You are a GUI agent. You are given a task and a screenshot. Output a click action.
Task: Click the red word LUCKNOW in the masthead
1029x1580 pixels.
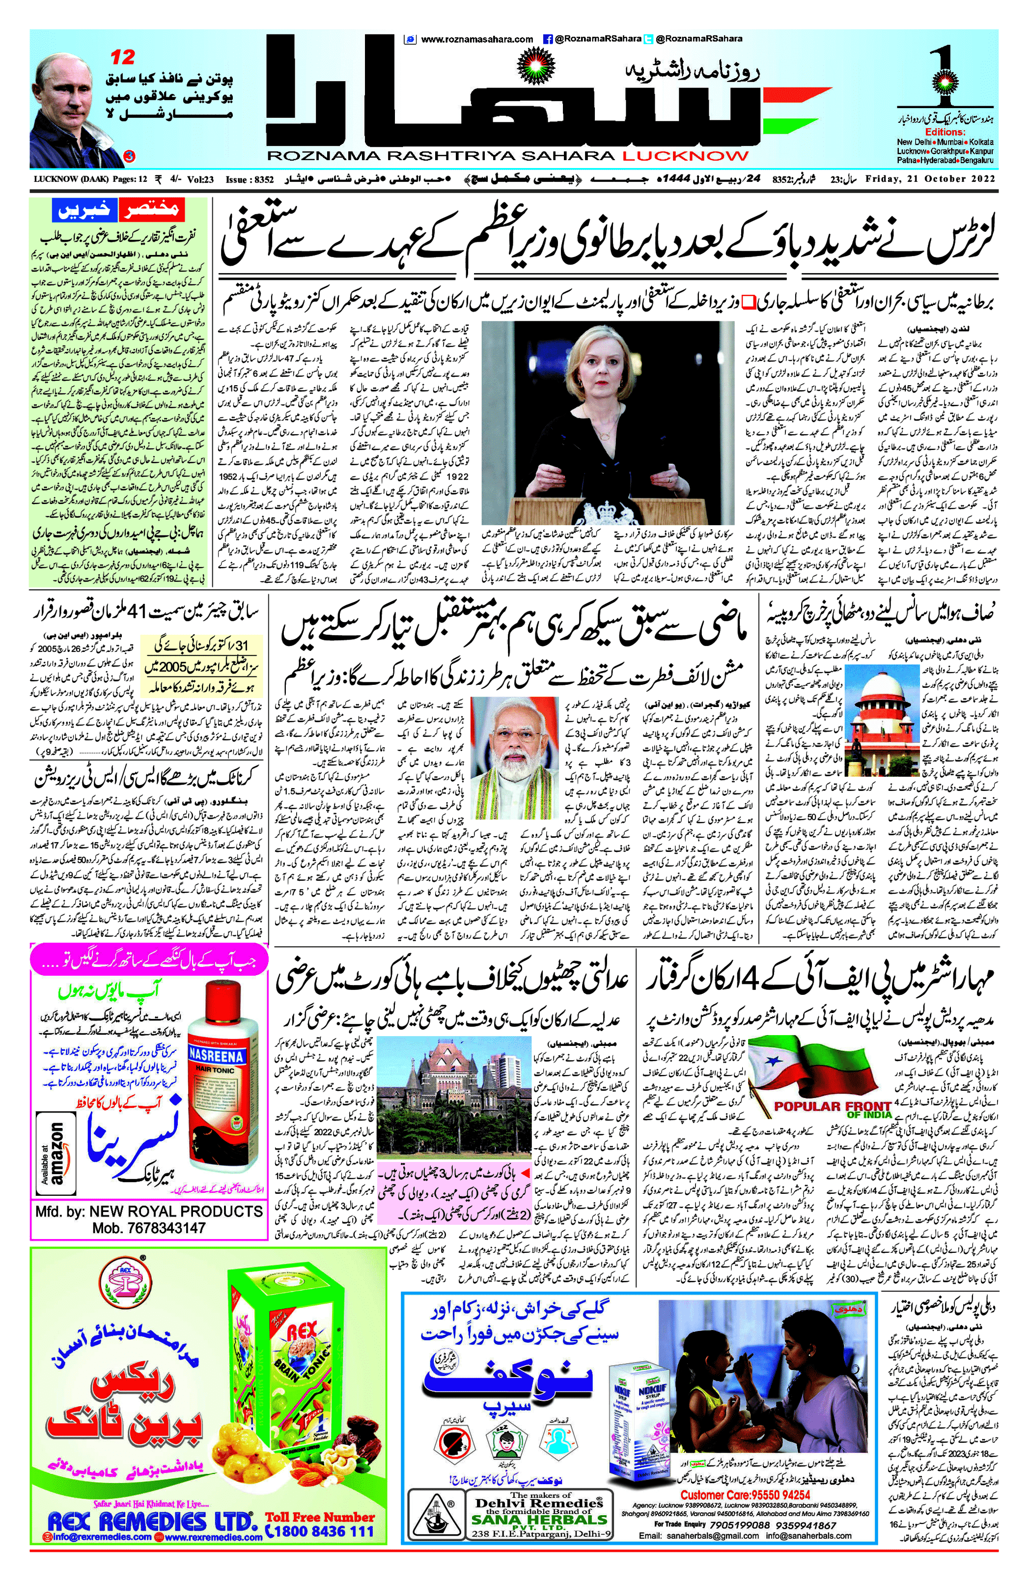click(x=685, y=156)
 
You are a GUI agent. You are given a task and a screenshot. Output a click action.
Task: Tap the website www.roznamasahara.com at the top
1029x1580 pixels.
click(x=476, y=39)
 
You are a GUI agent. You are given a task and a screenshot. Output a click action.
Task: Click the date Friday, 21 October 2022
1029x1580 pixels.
click(x=940, y=179)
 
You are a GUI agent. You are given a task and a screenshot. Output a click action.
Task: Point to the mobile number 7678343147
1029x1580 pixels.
click(x=149, y=1228)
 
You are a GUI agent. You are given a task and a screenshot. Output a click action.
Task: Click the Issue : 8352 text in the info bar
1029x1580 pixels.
click(x=250, y=179)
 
